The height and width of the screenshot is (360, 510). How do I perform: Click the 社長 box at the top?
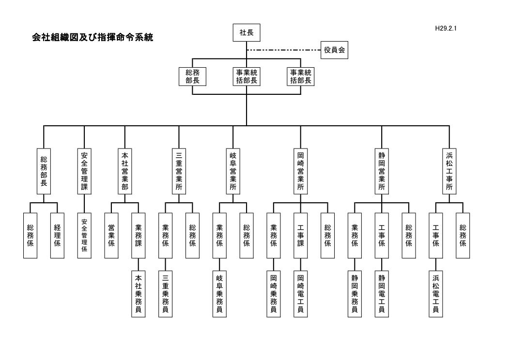[247, 33]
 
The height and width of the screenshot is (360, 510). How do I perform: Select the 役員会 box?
[335, 50]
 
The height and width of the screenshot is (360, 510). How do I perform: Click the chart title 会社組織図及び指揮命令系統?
[93, 37]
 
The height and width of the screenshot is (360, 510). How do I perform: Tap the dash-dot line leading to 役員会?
[284, 50]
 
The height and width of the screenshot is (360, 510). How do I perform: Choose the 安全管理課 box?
[84, 172]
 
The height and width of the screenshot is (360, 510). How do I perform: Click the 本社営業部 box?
[125, 172]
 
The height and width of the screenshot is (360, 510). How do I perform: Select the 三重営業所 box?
[179, 172]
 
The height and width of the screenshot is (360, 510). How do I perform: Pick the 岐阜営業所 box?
[233, 172]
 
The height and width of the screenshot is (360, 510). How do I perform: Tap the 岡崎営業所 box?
[300, 172]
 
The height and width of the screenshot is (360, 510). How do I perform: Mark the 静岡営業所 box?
[382, 172]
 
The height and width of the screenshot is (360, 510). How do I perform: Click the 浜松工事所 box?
[449, 172]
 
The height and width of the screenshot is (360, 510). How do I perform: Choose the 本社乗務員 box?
[138, 294]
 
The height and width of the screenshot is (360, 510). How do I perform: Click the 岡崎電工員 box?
[300, 294]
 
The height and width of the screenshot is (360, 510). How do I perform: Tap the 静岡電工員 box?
[382, 294]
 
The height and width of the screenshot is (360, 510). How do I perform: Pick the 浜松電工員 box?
[435, 294]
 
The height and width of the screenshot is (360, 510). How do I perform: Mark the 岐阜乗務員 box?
[219, 294]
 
